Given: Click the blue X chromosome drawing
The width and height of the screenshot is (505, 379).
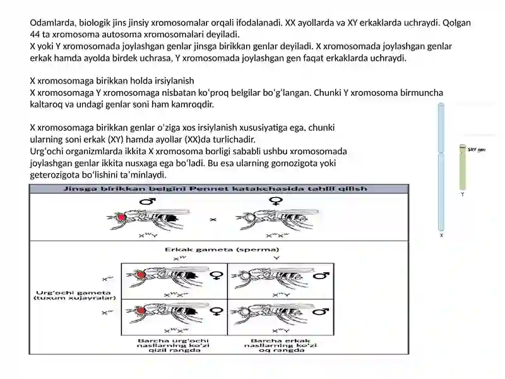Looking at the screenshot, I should click(441, 167).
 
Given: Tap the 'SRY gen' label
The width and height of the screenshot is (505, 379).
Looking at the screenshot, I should click(477, 150).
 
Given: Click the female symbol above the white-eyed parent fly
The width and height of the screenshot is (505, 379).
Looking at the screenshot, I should click(276, 202).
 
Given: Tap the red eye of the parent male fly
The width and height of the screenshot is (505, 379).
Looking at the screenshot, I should click(121, 218).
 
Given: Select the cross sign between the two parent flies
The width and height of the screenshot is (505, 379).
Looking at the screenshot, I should click(213, 220).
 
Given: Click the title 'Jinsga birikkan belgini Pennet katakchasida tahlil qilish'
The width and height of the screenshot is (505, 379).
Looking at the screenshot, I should click(218, 188).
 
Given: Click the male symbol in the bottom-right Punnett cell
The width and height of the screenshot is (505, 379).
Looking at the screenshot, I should click(321, 311).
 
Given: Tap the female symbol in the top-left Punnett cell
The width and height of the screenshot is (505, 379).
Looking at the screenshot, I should click(215, 275).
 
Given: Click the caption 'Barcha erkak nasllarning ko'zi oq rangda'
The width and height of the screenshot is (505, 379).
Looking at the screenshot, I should click(280, 346).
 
